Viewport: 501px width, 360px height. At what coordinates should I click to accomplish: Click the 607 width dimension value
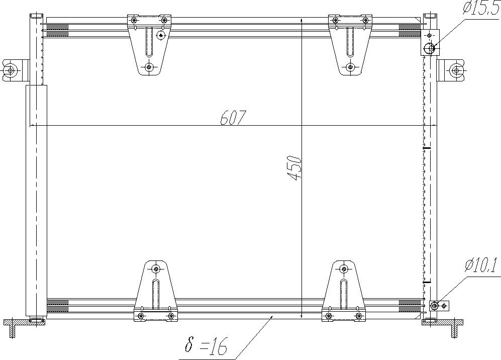click(233, 118)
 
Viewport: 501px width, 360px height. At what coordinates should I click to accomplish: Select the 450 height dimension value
click(294, 168)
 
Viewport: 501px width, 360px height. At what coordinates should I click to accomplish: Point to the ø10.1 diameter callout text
click(480, 265)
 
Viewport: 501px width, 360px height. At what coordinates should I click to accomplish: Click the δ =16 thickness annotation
click(206, 346)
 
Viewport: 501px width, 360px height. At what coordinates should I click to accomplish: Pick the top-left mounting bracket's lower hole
click(149, 67)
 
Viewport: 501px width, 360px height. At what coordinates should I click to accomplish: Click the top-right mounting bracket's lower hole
click(351, 67)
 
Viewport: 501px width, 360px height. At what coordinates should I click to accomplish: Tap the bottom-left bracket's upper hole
click(156, 269)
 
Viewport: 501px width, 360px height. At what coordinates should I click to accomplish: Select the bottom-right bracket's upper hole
click(344, 269)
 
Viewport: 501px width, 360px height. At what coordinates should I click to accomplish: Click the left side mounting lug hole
click(11, 70)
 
